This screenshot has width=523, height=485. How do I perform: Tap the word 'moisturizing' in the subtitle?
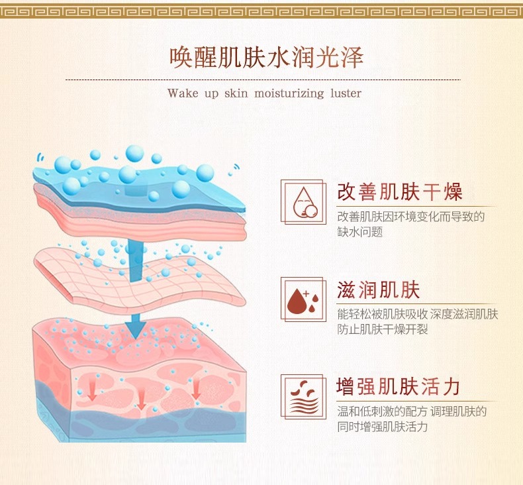point(288,93)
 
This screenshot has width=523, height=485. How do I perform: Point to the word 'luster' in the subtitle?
point(346,93)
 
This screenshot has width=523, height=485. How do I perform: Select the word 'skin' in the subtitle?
point(236,93)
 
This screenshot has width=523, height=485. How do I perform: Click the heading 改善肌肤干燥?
point(399,192)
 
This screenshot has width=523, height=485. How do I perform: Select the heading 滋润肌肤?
point(379,290)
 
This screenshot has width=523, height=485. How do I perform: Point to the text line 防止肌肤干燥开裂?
point(383,329)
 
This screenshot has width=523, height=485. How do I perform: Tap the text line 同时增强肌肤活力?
point(383,427)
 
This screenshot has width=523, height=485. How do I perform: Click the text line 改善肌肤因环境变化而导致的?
point(411,216)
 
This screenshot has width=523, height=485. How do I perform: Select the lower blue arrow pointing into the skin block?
point(136,325)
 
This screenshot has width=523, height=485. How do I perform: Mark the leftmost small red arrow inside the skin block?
point(91,393)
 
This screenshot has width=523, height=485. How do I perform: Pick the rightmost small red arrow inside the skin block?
point(196,392)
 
